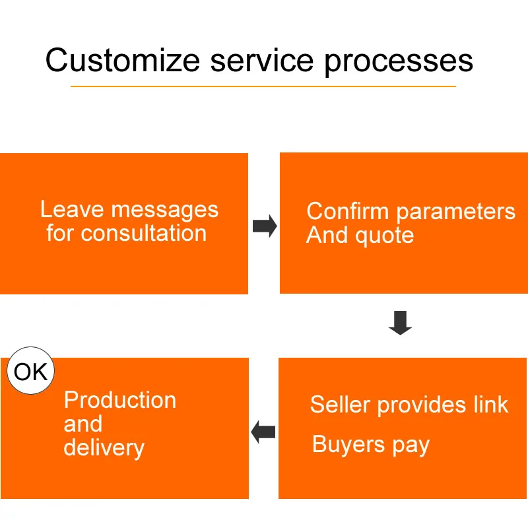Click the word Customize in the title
click(x=123, y=60)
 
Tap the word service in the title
click(x=262, y=61)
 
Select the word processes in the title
click(x=399, y=63)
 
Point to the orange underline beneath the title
click(x=263, y=86)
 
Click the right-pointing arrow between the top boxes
click(x=265, y=226)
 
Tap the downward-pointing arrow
click(x=400, y=323)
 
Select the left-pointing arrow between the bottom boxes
click(x=263, y=432)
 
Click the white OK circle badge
click(x=30, y=370)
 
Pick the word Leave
click(x=72, y=209)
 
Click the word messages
click(x=165, y=211)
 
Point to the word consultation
click(x=143, y=233)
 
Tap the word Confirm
click(x=348, y=211)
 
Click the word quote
click(x=385, y=236)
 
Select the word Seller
click(x=340, y=405)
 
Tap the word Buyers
click(x=348, y=445)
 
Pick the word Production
click(x=120, y=400)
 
